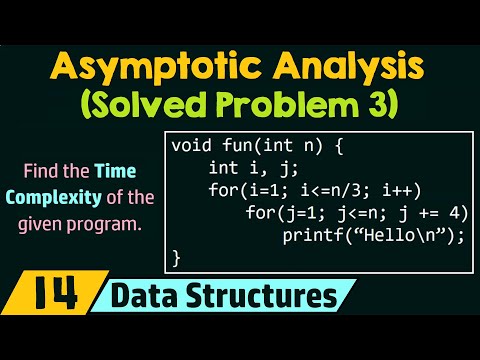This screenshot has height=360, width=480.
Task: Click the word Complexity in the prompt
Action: pos(61,194)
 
